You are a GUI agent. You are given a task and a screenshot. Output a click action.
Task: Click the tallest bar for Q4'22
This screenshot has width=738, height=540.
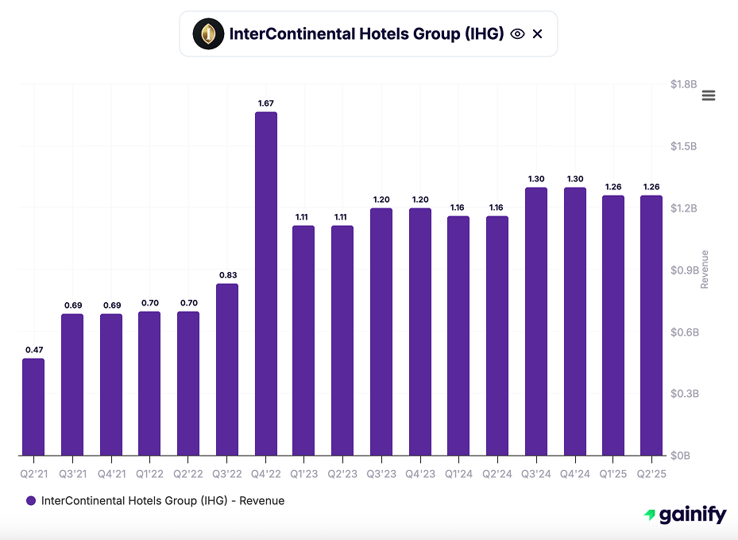(266, 283)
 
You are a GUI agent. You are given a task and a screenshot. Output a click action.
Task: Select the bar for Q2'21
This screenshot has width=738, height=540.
(33, 407)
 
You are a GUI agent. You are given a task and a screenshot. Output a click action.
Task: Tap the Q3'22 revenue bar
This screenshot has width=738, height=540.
(227, 370)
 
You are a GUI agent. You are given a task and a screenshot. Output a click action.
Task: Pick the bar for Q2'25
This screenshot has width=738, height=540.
(651, 325)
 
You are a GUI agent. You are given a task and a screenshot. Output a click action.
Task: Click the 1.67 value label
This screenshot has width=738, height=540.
(266, 103)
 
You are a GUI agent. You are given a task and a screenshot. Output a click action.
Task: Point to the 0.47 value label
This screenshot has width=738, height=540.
(33, 350)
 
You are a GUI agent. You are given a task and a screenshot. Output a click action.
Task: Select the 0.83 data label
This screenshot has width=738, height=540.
(227, 275)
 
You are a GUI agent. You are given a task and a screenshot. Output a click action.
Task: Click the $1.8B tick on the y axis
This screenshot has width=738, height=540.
(683, 84)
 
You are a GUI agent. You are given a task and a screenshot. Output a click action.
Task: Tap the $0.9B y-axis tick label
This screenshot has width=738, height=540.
(683, 270)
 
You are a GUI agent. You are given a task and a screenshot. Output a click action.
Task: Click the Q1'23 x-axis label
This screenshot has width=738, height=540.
(304, 474)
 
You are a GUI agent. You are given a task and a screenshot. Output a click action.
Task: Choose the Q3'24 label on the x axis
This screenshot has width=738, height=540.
(536, 474)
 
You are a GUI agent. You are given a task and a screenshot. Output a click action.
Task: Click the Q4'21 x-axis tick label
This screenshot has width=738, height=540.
(111, 474)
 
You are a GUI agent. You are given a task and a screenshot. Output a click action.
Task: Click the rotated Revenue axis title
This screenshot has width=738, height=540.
(705, 270)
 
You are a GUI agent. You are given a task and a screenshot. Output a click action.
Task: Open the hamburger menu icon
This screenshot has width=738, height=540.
(709, 95)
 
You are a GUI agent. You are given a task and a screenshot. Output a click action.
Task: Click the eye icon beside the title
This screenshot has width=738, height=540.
(517, 33)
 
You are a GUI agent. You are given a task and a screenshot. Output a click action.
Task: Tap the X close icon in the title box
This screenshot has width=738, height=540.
(538, 33)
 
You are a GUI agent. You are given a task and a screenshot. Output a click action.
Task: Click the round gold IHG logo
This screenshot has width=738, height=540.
(208, 33)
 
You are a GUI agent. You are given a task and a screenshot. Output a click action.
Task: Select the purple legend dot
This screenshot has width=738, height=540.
(31, 501)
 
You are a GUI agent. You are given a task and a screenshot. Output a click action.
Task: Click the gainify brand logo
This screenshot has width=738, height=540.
(685, 515)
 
